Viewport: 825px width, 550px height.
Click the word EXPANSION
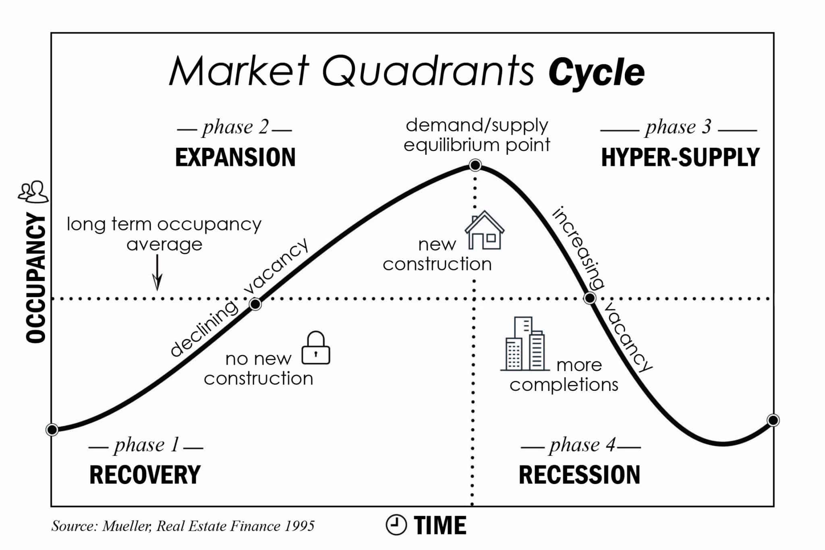click(235, 157)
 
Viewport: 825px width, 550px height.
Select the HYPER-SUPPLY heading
click(680, 157)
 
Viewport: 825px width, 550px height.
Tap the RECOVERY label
click(145, 475)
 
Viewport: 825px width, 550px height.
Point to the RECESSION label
click(579, 475)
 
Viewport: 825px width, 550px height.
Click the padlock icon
click(316, 348)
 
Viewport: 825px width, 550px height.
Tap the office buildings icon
click(525, 344)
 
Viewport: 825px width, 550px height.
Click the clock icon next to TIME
click(396, 525)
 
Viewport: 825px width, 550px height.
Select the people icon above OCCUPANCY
click(33, 192)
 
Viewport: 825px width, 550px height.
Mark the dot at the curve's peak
click(475, 165)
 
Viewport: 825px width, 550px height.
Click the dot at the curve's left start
click(52, 430)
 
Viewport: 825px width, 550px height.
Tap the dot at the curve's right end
click(773, 420)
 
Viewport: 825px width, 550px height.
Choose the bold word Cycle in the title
click(597, 73)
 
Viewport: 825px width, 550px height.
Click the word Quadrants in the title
click(428, 72)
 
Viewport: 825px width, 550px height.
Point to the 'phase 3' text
click(678, 127)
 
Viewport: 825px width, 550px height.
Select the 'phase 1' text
click(146, 445)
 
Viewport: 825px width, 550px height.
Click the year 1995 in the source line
click(300, 526)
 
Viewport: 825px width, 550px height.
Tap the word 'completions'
click(564, 385)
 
